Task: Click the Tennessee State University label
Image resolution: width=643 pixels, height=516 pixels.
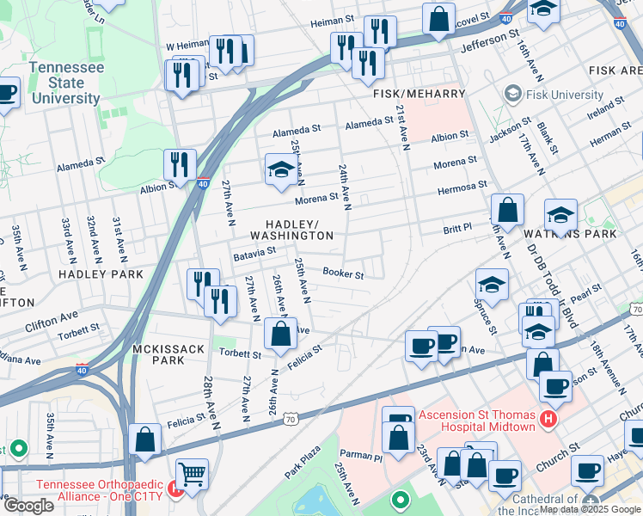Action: click(65, 83)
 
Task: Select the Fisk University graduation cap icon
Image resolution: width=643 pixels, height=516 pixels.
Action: click(513, 93)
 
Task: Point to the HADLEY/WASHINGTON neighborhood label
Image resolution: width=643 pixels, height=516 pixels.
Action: click(291, 229)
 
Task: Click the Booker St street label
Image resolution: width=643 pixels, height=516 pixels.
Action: click(343, 274)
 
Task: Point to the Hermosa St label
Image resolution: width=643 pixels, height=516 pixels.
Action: click(462, 185)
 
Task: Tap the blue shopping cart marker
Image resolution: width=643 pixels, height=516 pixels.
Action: click(193, 473)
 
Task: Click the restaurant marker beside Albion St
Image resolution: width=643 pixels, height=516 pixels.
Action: click(180, 163)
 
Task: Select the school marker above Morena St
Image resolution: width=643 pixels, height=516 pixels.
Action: click(280, 169)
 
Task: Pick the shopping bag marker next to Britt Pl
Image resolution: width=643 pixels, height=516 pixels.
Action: click(508, 209)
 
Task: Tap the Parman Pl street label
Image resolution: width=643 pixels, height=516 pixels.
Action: click(365, 455)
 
